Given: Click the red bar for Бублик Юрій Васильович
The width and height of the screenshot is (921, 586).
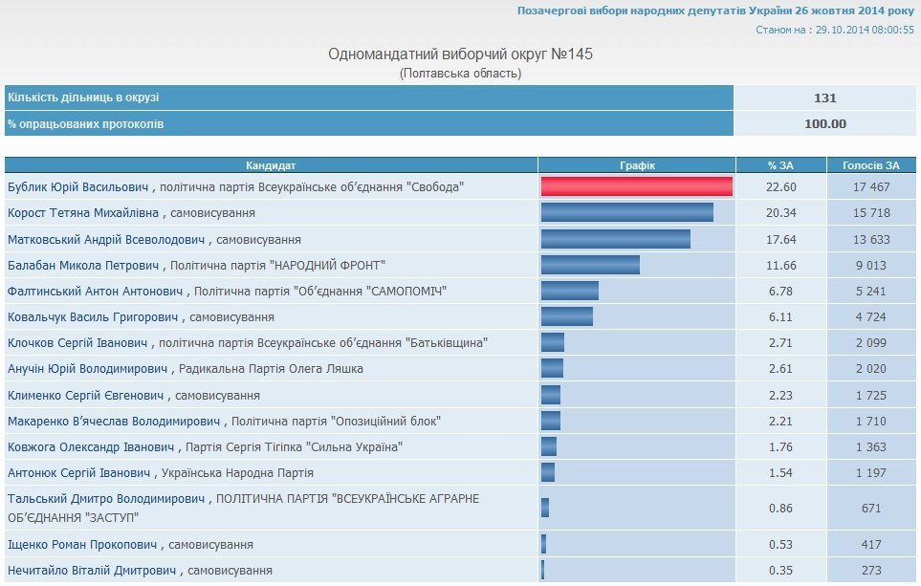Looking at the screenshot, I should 636,186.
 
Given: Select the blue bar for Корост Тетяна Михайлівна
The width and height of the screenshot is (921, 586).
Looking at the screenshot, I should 626,212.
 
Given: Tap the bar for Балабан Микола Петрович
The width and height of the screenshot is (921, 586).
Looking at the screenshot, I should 590,265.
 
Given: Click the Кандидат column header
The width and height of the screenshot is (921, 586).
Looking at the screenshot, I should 271,165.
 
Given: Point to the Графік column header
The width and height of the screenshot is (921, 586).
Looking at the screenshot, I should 637,165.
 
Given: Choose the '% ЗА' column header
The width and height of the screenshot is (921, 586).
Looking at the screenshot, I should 781,165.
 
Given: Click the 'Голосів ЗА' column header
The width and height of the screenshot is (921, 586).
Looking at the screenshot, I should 870,165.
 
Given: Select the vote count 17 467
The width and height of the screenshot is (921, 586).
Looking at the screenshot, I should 870,186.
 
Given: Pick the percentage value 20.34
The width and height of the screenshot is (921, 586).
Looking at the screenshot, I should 781,212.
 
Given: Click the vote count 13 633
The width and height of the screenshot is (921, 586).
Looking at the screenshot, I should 870,239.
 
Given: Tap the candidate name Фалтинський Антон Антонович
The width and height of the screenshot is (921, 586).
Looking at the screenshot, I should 95,291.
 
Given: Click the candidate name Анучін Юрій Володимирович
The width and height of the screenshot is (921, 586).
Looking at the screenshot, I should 86,369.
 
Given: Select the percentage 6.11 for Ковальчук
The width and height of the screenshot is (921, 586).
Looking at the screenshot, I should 781,316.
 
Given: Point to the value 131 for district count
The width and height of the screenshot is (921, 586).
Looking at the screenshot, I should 825,98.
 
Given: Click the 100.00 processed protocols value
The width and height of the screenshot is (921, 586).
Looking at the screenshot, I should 825,123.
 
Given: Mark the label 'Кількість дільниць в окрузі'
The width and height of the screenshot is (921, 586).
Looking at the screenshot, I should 83,98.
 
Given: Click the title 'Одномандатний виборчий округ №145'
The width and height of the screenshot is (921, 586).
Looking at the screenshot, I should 460,54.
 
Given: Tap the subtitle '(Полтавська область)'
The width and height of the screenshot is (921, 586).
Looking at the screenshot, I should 460,74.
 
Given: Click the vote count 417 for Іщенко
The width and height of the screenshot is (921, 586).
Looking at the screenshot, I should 870,545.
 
